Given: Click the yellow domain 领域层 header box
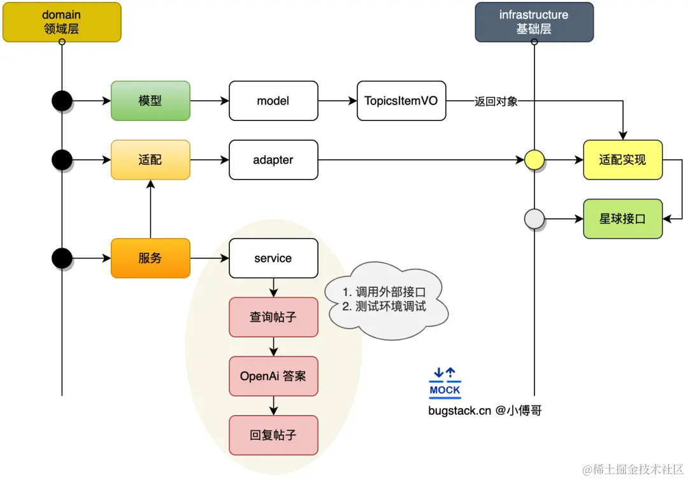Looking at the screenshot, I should point(62,22).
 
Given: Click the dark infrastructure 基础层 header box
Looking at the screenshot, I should point(534,22).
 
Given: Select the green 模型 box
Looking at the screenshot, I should point(150,101).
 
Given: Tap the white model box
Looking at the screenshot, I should point(273,101).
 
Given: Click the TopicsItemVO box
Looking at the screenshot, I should point(401,101).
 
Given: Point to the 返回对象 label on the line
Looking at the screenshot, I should point(496,101).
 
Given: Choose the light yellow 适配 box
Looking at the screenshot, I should point(150,160).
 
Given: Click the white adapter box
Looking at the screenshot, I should point(273,160).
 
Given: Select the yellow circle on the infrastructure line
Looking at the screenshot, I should point(534,160).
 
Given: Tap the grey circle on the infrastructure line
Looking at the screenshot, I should point(534,219).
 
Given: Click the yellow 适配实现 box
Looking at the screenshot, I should point(622,160).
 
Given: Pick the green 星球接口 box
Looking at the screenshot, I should point(622,219).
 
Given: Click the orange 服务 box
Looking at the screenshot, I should point(150,258).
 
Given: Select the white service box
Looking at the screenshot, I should point(273,258).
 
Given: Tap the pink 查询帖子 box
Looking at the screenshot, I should point(273,317).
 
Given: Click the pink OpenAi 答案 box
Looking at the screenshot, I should point(273,376).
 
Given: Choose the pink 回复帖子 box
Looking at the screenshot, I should point(273,435).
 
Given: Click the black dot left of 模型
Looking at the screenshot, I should point(62,101).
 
